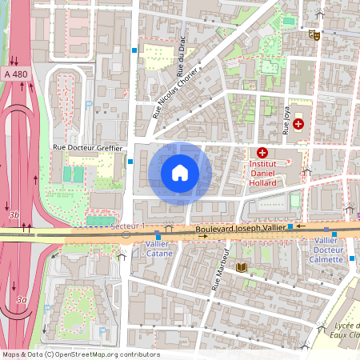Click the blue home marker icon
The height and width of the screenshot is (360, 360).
(180, 173)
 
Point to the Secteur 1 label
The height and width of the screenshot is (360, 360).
(128, 226)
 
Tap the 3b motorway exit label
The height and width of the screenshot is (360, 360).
(14, 214)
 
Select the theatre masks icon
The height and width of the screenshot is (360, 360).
(314, 34)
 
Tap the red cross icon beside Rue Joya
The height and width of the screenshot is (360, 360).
(298, 124)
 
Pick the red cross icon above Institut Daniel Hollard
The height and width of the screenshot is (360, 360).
(262, 153)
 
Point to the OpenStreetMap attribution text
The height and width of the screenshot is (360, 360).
(80, 354)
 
